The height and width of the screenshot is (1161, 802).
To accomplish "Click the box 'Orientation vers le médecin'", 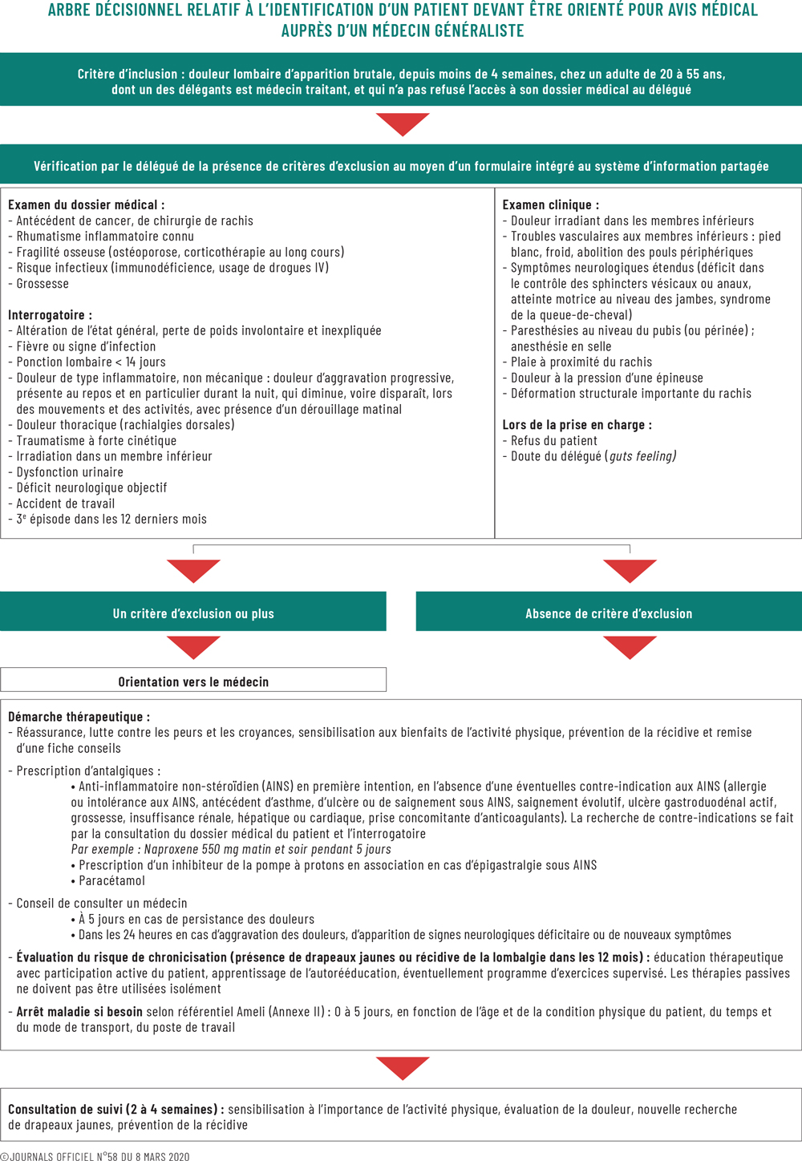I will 193,682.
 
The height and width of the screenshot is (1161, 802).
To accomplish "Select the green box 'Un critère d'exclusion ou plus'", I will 193,613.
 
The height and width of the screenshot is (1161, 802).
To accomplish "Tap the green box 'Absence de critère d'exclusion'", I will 609,613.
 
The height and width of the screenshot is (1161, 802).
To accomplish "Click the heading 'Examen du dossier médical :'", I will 86,205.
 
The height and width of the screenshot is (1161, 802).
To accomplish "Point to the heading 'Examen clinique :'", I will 550,205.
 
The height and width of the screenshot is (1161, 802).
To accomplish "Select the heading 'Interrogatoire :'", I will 50,315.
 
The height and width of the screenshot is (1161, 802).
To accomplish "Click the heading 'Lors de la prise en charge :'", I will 577,425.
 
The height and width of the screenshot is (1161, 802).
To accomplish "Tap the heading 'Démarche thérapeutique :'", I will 79,717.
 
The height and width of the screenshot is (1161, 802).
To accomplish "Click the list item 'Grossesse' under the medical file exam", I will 43,284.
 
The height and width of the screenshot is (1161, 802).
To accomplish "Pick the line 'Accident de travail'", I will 66,504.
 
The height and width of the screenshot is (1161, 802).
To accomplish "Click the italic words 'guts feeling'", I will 642,456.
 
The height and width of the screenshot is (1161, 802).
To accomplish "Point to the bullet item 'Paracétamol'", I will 111,880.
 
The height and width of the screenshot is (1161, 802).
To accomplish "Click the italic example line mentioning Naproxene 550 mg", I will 231,849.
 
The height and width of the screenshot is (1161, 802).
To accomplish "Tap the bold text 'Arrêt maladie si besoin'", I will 79,1012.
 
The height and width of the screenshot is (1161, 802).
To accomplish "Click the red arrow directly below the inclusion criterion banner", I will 403,124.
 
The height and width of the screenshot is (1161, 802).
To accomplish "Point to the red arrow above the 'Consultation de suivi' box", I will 403,1068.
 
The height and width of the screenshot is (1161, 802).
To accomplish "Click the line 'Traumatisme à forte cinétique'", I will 96,441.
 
